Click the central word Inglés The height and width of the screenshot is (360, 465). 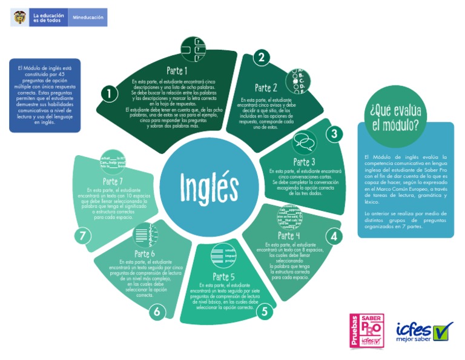(209, 185)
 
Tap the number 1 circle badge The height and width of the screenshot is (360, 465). (109, 94)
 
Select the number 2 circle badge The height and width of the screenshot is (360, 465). (261, 58)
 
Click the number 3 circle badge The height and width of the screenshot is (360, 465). (334, 134)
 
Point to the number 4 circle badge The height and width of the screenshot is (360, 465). (333, 236)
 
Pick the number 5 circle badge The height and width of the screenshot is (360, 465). (265, 312)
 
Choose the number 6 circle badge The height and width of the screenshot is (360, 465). (157, 312)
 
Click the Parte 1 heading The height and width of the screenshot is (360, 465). (177, 71)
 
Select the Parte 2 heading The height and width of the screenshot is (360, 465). (266, 88)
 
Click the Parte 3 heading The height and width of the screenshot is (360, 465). (304, 162)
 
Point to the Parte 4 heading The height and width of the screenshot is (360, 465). (289, 236)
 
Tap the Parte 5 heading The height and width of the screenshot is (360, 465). (224, 277)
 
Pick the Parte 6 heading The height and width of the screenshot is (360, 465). (145, 253)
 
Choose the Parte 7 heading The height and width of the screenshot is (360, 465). (113, 181)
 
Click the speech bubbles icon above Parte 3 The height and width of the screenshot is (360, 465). (304, 143)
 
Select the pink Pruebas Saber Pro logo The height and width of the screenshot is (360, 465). (367, 330)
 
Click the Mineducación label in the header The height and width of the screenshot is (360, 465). (88, 18)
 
